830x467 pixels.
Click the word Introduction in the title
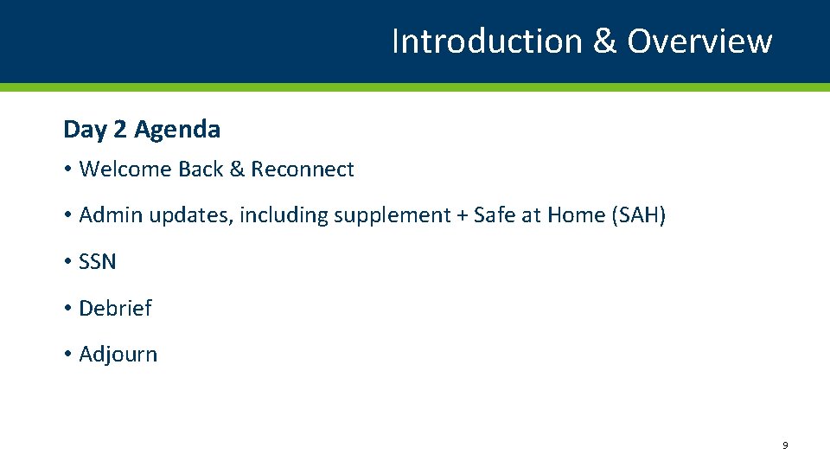[488, 41]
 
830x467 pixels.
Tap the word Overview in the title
[699, 41]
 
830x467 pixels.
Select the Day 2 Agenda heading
[142, 130]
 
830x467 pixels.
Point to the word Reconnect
[303, 170]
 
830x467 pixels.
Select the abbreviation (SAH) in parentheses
[638, 215]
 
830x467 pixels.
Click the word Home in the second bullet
[576, 215]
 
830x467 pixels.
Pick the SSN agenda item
[97, 262]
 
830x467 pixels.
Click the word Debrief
[115, 308]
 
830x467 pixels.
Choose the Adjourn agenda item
[118, 355]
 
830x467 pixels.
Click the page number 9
[784, 445]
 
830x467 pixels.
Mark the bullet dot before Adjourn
[67, 355]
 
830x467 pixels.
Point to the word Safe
[494, 215]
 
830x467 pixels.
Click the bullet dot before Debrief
[67, 309]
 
